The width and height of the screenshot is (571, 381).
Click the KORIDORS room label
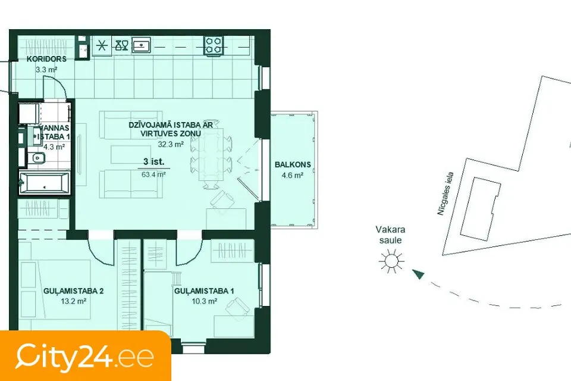pyautogui.click(x=46, y=59)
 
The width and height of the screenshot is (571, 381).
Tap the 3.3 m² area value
pyautogui.click(x=46, y=70)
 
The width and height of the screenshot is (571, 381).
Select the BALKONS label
pyautogui.click(x=293, y=164)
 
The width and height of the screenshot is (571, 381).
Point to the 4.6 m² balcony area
pyautogui.click(x=293, y=176)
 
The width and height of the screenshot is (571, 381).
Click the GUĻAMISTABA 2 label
pyautogui.click(x=74, y=291)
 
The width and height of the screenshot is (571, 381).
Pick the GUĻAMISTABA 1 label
pyautogui.click(x=204, y=291)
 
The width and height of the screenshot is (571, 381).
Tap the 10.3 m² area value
pyautogui.click(x=204, y=301)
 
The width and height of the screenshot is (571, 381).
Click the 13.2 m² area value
pyautogui.click(x=74, y=301)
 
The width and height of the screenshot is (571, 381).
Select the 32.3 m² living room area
pyautogui.click(x=171, y=144)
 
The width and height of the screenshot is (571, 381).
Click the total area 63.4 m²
pyautogui.click(x=153, y=174)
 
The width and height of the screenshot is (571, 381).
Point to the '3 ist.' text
pyautogui.click(x=153, y=161)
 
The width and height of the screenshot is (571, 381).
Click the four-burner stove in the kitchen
pyautogui.click(x=214, y=46)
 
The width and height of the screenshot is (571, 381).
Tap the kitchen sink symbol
pyautogui.click(x=141, y=45)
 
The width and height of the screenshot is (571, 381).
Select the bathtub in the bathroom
pyautogui.click(x=44, y=182)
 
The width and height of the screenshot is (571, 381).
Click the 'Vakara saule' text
pyautogui.click(x=390, y=235)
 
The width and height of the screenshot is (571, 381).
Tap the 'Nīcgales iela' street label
pyautogui.click(x=445, y=193)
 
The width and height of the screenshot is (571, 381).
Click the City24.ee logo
pyautogui.click(x=85, y=356)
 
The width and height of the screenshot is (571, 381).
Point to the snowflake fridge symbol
pyautogui.click(x=102, y=46)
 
